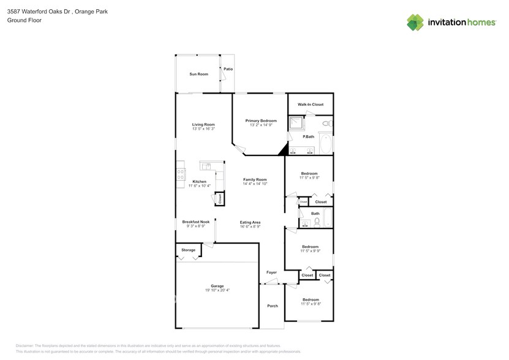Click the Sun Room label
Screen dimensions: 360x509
pos(198,74)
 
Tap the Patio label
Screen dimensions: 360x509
pos(228,69)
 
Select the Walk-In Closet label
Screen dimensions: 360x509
pos(311,105)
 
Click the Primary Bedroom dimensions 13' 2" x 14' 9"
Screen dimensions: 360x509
pos(261,125)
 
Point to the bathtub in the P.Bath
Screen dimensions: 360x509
pos(326,145)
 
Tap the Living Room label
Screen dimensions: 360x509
pos(203,124)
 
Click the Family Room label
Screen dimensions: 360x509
pos(255,179)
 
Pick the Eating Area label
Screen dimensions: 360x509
pos(251,222)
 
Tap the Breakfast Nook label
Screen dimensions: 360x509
pos(195,222)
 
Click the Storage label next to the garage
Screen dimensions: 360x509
pos(188,250)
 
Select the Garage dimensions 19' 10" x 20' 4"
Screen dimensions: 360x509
pos(217,290)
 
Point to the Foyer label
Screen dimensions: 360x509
pos(271,272)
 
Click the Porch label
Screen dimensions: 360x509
pos(272,306)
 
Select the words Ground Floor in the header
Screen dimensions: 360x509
pos(21,20)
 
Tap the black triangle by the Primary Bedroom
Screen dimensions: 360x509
pos(283,149)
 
